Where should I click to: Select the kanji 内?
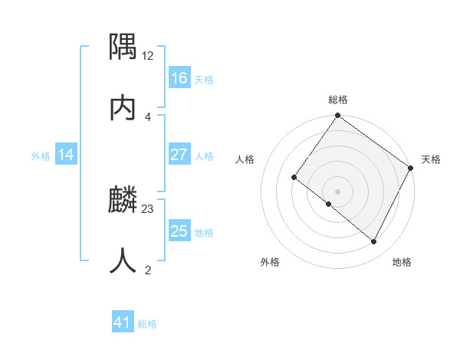click(123, 108)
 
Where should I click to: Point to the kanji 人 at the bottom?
click(123, 261)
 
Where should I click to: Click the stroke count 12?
click(148, 56)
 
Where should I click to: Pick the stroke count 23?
click(148, 209)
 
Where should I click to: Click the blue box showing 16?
click(179, 78)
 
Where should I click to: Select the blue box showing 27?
click(179, 155)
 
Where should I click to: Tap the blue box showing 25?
click(179, 231)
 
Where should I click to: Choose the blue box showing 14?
click(66, 155)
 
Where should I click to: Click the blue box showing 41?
click(123, 322)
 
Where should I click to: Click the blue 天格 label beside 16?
click(203, 79)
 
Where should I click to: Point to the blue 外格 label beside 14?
click(41, 155)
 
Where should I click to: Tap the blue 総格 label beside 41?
click(147, 324)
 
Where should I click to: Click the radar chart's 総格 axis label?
click(338, 100)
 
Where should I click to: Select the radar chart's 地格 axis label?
click(402, 262)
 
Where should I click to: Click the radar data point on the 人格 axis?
click(294, 178)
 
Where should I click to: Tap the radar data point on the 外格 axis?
click(329, 205)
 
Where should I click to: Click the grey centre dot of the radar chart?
click(338, 191)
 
